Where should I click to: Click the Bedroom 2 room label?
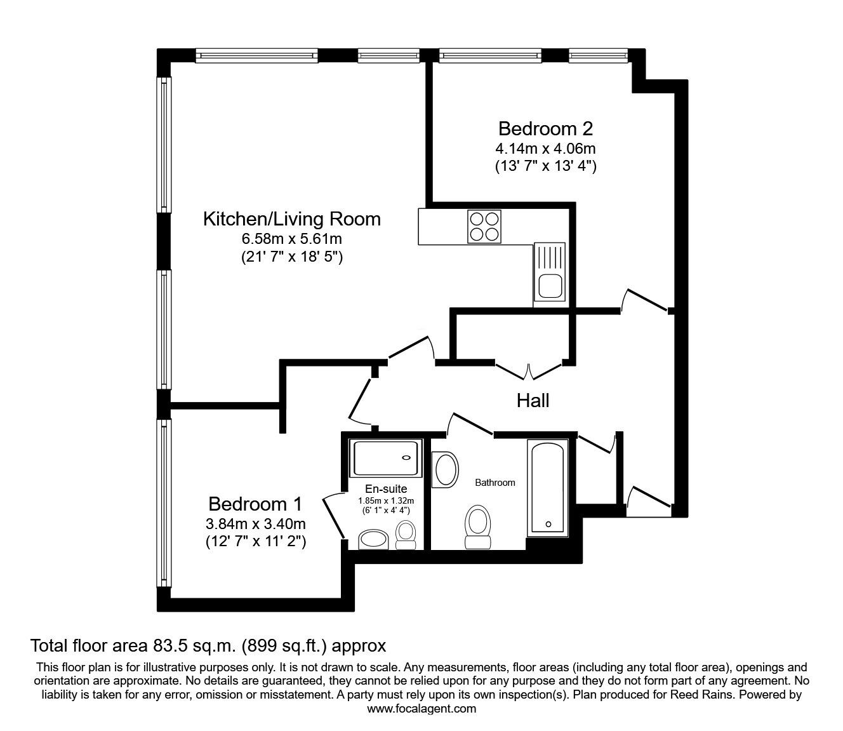545,129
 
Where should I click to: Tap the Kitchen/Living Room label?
291,219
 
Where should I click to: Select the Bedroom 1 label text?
255,504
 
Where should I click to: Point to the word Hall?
533,401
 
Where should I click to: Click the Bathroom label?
495,483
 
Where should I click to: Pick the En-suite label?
386,489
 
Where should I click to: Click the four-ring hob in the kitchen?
484,226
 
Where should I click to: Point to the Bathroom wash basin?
446,469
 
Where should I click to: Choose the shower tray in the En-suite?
387,459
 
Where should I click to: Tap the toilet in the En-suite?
405,535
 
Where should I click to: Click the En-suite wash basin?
374,540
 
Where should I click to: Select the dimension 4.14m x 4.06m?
545,149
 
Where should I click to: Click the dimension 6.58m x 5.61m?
291,239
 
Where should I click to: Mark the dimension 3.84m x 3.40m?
255,524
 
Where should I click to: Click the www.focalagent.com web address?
421,709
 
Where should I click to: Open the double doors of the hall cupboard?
529,368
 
